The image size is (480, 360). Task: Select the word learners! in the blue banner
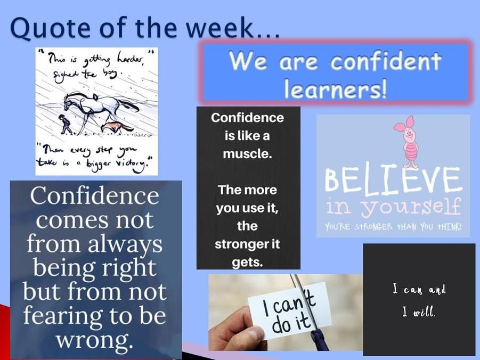point(335,88)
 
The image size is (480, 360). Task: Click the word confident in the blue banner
point(386,60)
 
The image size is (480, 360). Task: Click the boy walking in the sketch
point(65,124)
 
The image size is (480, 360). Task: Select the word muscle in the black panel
point(247,153)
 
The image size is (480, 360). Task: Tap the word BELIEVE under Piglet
point(393,180)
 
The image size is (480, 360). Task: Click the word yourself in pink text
point(410,207)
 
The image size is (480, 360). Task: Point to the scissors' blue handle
point(320,340)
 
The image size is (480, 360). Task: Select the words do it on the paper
point(291,324)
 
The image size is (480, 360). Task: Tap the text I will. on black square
point(419,312)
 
